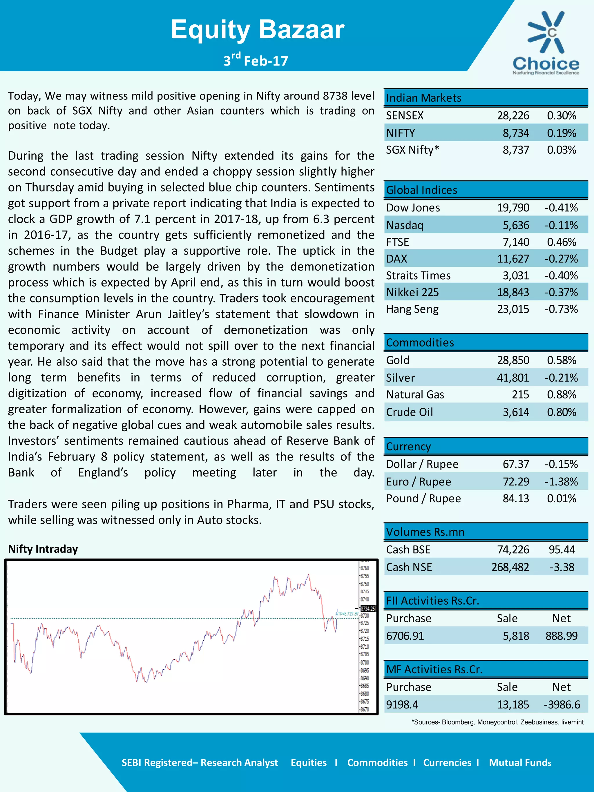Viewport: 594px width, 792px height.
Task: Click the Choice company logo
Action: [546, 43]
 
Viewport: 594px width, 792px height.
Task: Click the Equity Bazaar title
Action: [257, 29]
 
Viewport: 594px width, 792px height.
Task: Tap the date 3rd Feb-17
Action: [256, 60]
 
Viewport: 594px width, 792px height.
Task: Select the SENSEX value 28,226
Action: [513, 115]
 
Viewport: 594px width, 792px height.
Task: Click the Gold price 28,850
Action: [513, 360]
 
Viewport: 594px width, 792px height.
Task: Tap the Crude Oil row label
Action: [409, 412]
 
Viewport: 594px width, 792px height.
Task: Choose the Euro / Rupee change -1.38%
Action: [561, 482]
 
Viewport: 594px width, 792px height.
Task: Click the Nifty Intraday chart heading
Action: [43, 549]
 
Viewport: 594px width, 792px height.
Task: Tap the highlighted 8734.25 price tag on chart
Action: [368, 609]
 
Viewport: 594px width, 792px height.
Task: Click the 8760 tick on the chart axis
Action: [365, 568]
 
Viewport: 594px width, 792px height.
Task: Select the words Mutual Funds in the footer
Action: [520, 762]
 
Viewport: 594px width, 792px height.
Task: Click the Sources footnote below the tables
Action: [497, 722]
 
